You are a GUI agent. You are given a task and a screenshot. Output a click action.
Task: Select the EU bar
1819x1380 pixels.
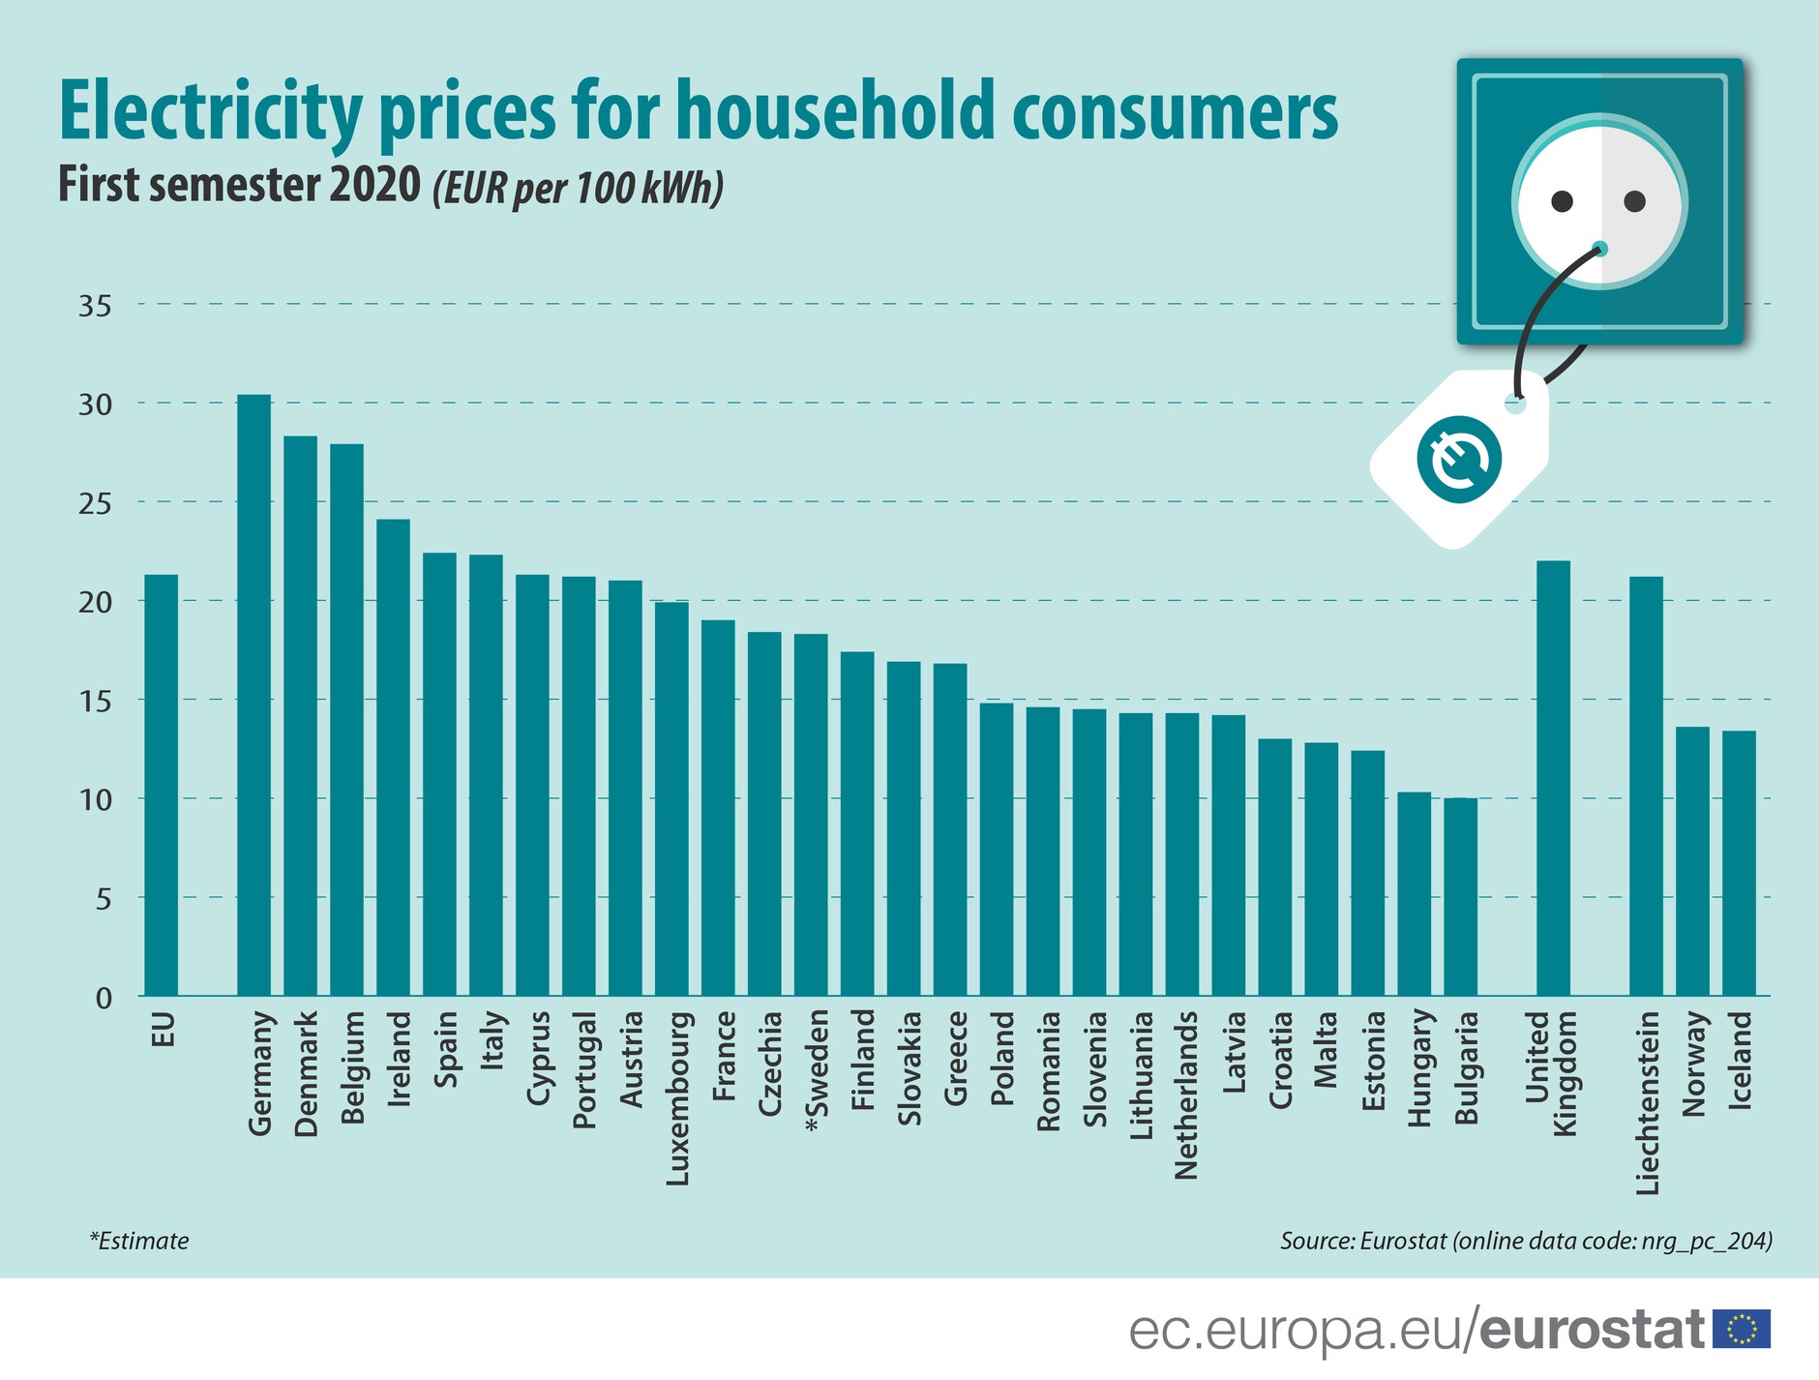(161, 785)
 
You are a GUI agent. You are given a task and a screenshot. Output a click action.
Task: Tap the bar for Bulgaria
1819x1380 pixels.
(1460, 896)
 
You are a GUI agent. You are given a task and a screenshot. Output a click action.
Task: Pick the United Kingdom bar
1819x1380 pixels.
(1553, 778)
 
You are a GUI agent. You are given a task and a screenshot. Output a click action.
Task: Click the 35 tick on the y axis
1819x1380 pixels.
(95, 306)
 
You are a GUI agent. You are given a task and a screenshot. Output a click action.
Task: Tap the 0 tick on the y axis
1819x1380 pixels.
(103, 998)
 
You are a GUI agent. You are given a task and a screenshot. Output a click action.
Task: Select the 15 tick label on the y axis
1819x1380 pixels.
(95, 701)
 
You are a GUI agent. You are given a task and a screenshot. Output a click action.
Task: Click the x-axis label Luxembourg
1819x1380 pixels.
(678, 1098)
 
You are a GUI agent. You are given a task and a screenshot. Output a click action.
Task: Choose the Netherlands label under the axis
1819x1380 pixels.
(1186, 1095)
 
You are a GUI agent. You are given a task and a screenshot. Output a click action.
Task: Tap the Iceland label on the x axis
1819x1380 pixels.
(1740, 1059)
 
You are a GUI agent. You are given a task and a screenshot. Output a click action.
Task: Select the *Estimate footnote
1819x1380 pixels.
(139, 1241)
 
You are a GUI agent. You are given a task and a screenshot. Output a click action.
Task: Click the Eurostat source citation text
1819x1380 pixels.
(1526, 1241)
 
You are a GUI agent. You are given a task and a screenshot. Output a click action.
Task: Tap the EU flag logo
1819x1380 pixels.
(1742, 1329)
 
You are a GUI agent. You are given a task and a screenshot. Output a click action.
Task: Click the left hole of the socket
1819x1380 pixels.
(1562, 201)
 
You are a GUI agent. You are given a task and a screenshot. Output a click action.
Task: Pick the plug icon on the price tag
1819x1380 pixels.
(1459, 459)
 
